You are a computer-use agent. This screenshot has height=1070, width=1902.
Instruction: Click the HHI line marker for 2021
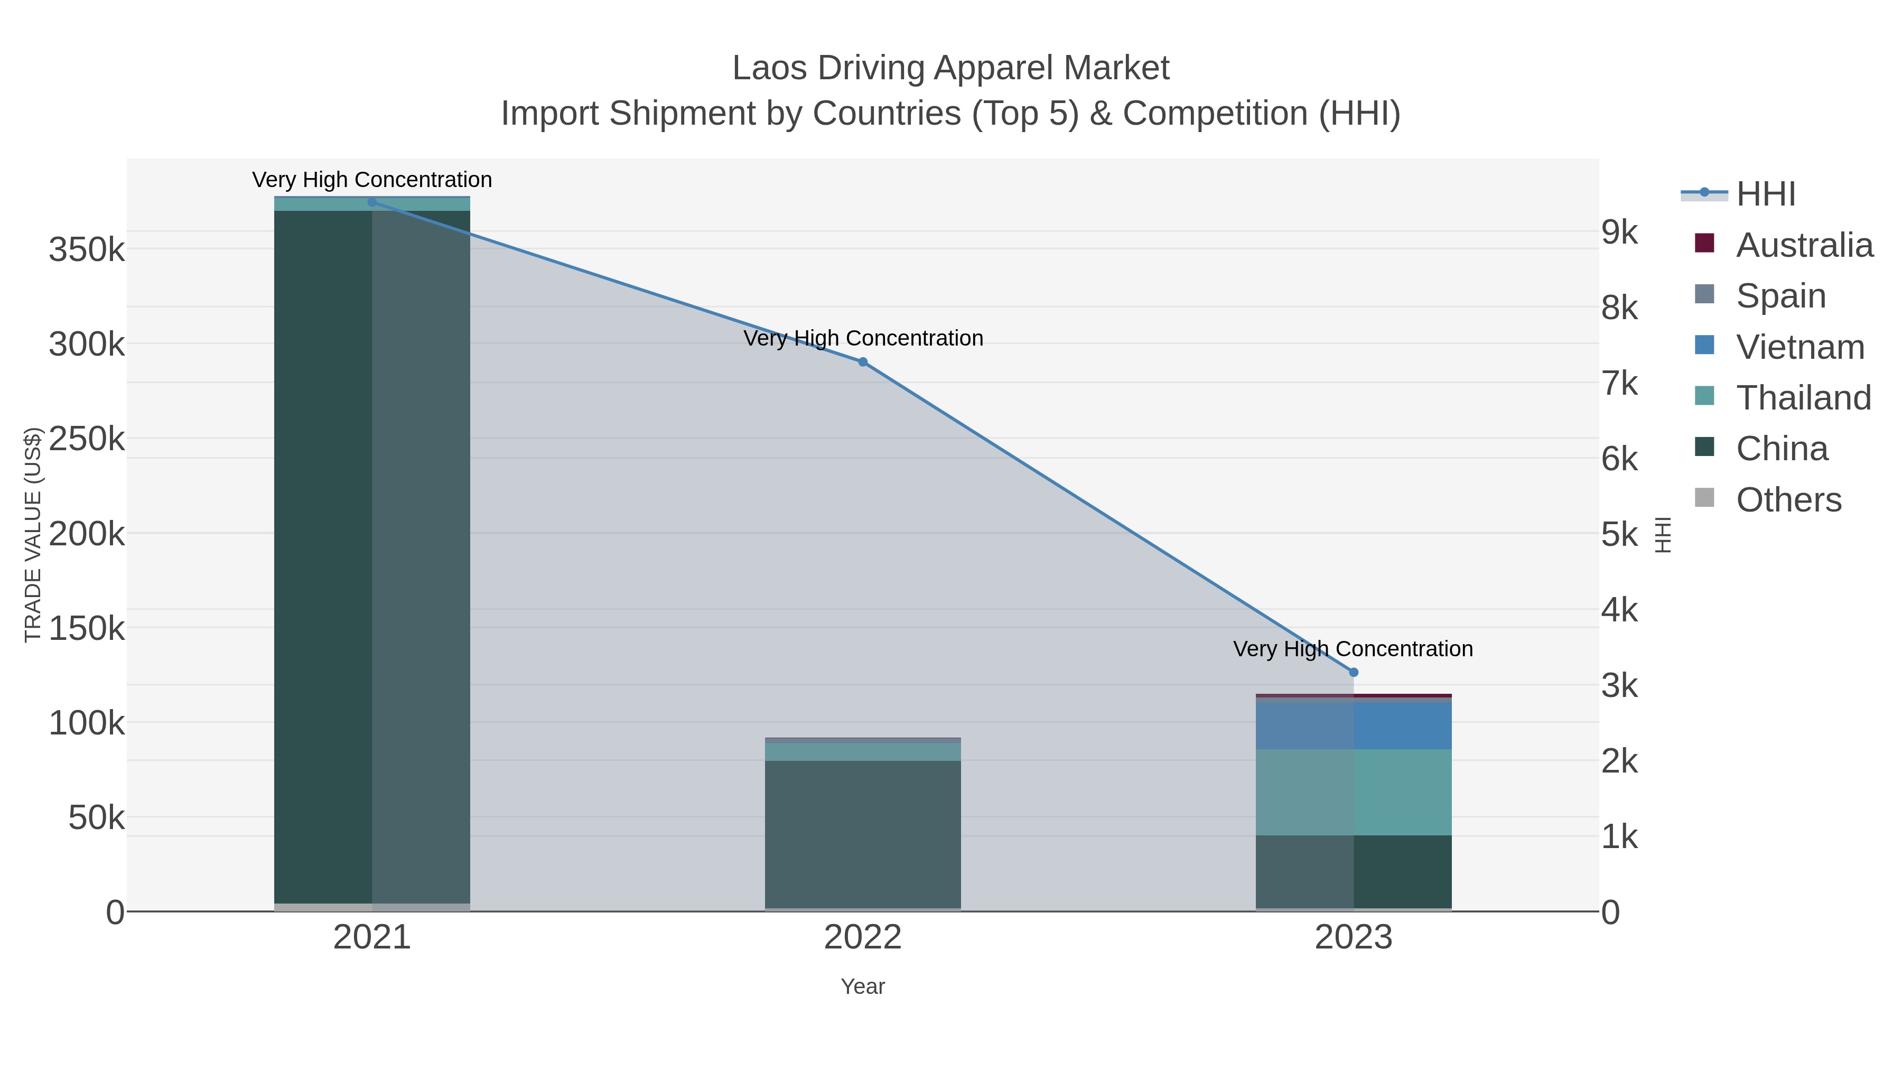coord(372,202)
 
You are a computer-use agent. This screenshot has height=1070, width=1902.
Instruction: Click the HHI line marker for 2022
coord(862,362)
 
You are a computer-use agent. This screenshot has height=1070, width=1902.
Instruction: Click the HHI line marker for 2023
coord(1354,672)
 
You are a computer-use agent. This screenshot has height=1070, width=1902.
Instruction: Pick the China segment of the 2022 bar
coord(862,834)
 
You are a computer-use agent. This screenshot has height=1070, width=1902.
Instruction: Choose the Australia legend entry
coord(1804,245)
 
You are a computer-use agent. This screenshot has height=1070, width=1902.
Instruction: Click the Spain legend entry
coord(1780,296)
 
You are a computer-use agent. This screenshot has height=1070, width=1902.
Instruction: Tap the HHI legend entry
coord(1765,194)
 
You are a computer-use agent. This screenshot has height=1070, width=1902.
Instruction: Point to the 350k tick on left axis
coord(87,249)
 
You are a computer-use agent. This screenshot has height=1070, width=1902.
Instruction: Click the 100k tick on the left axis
coord(87,723)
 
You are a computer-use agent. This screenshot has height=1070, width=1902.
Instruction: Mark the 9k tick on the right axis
coord(1619,232)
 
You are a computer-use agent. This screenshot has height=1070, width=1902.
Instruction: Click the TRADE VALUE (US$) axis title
coord(33,535)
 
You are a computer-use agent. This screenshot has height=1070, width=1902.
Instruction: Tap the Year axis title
coord(862,987)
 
